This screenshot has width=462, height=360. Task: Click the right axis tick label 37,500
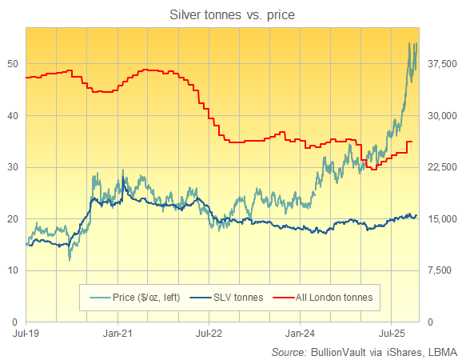440,64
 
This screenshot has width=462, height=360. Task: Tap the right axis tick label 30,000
440,115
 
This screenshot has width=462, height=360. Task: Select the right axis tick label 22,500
440,167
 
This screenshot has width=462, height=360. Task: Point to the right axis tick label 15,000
440,218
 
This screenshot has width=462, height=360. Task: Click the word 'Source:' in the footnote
289,351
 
